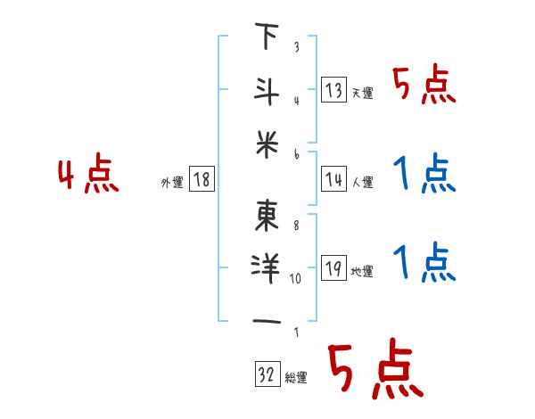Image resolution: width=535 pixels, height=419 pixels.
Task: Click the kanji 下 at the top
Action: click(266, 38)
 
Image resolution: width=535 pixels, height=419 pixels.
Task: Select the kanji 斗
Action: click(266, 89)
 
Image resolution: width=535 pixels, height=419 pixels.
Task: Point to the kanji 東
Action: click(266, 215)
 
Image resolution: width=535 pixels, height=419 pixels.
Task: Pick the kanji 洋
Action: click(266, 267)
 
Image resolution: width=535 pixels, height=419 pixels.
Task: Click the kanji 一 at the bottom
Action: click(266, 320)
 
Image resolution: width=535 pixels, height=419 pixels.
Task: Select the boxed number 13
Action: click(333, 89)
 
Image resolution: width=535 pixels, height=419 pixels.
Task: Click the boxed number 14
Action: click(333, 179)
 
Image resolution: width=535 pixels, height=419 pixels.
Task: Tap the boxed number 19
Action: click(333, 268)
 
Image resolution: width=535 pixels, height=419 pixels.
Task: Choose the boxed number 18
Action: click(201, 179)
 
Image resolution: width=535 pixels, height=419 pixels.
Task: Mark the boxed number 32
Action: click(265, 375)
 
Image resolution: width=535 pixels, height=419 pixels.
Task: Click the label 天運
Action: click(362, 93)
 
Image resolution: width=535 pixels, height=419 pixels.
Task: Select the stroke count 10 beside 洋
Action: click(296, 278)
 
